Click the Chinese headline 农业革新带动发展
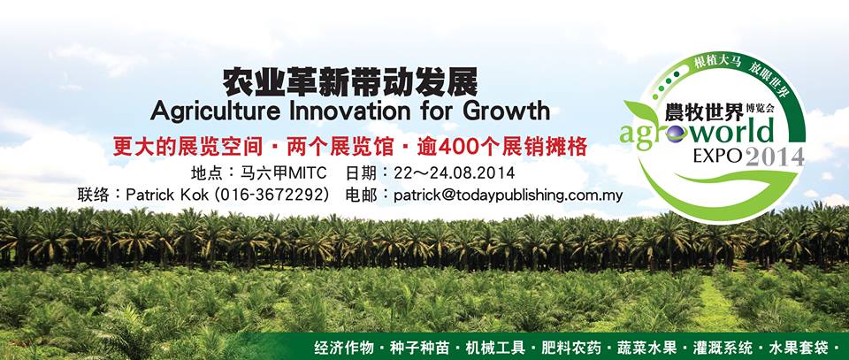pos(350,83)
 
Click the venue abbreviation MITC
pos(308,173)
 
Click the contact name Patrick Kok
pos(167,195)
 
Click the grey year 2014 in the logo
pos(775,157)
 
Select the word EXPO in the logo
pos(717,157)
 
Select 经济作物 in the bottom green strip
pos(344,347)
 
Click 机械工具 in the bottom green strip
pos(495,347)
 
